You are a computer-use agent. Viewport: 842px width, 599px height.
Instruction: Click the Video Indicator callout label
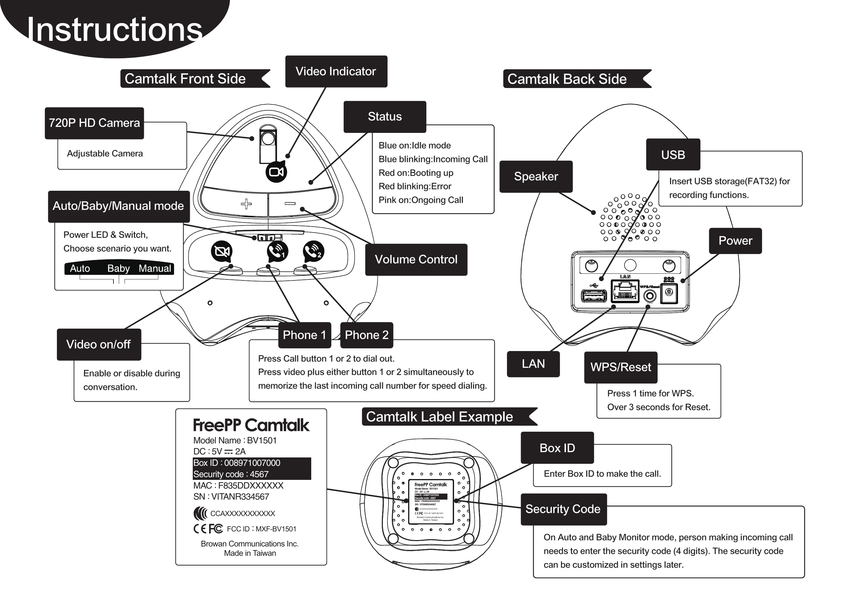point(336,72)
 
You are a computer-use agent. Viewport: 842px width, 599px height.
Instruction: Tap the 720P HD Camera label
point(94,123)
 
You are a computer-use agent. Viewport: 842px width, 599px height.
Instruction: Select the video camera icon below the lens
point(276,172)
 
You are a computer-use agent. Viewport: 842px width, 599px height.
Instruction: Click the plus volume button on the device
point(246,203)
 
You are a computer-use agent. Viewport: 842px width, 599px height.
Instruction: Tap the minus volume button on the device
point(290,203)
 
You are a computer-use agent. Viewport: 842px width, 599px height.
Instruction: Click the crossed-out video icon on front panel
point(222,252)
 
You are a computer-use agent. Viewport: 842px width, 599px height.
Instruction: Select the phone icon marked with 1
point(277,252)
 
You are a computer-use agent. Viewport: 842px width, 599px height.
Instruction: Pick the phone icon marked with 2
point(314,252)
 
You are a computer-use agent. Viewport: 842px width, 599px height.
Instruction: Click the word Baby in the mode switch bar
point(118,268)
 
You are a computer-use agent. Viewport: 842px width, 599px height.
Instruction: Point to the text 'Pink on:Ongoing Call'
point(421,200)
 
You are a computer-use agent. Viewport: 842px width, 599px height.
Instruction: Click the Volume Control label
point(416,259)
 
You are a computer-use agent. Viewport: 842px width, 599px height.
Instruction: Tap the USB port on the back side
point(594,296)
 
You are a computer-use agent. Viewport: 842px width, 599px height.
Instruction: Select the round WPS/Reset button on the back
point(650,296)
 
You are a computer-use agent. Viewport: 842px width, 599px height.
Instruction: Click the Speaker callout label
point(536,176)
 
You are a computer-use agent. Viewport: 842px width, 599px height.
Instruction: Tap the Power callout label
point(735,241)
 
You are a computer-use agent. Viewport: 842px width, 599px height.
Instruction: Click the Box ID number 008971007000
point(252,463)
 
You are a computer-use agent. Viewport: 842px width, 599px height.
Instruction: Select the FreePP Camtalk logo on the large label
point(251,425)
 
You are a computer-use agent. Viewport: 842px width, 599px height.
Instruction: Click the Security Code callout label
point(563,509)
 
